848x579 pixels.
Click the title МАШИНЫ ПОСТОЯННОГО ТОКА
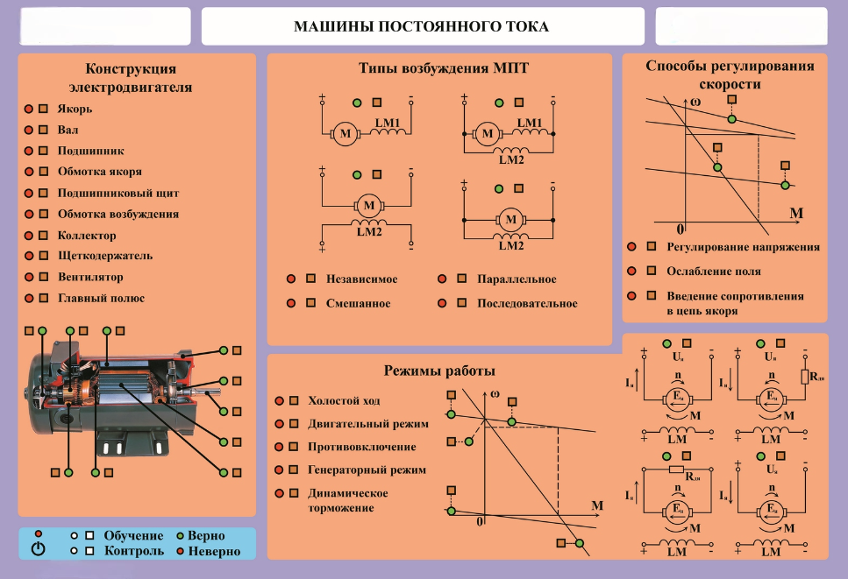click(422, 26)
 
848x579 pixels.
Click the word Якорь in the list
click(75, 109)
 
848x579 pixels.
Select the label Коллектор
click(87, 236)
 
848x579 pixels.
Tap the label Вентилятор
click(90, 277)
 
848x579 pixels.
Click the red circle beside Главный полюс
click(28, 298)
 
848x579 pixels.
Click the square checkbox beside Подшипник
click(42, 151)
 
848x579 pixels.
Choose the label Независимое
click(361, 279)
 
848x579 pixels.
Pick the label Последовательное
click(527, 304)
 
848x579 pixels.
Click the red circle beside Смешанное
click(290, 304)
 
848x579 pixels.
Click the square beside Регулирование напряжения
click(651, 247)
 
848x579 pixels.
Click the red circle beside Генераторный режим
click(279, 470)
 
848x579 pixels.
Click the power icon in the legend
click(38, 549)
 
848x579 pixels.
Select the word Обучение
click(133, 535)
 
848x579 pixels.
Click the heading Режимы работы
click(439, 371)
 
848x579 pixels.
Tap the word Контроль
click(133, 551)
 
